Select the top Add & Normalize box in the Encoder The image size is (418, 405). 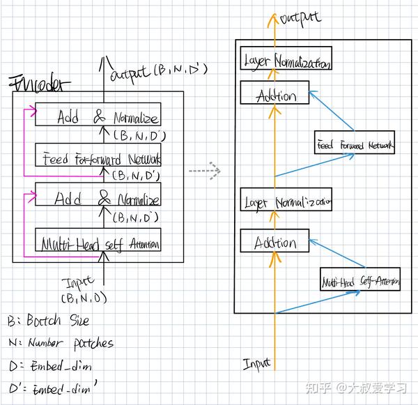(x=98, y=116)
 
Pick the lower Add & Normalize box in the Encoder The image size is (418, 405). (x=98, y=197)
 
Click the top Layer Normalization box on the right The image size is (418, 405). (x=285, y=61)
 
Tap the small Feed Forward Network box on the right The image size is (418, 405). (x=355, y=145)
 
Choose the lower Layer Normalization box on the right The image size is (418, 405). (x=286, y=202)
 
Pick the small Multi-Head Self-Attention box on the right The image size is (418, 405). (x=360, y=282)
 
